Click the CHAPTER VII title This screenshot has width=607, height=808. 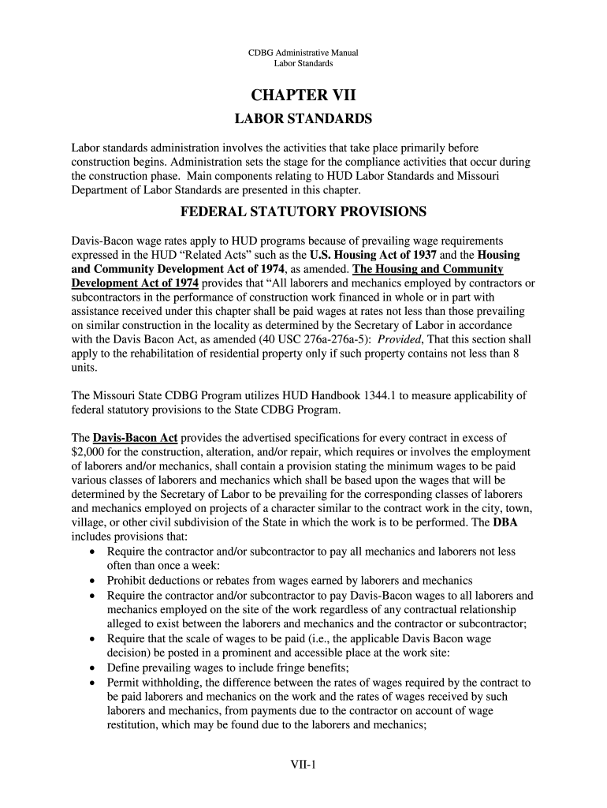point(303,95)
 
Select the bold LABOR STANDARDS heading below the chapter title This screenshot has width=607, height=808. point(303,119)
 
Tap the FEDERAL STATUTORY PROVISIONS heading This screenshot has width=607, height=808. point(303,212)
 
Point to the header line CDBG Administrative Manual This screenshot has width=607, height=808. point(303,53)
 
